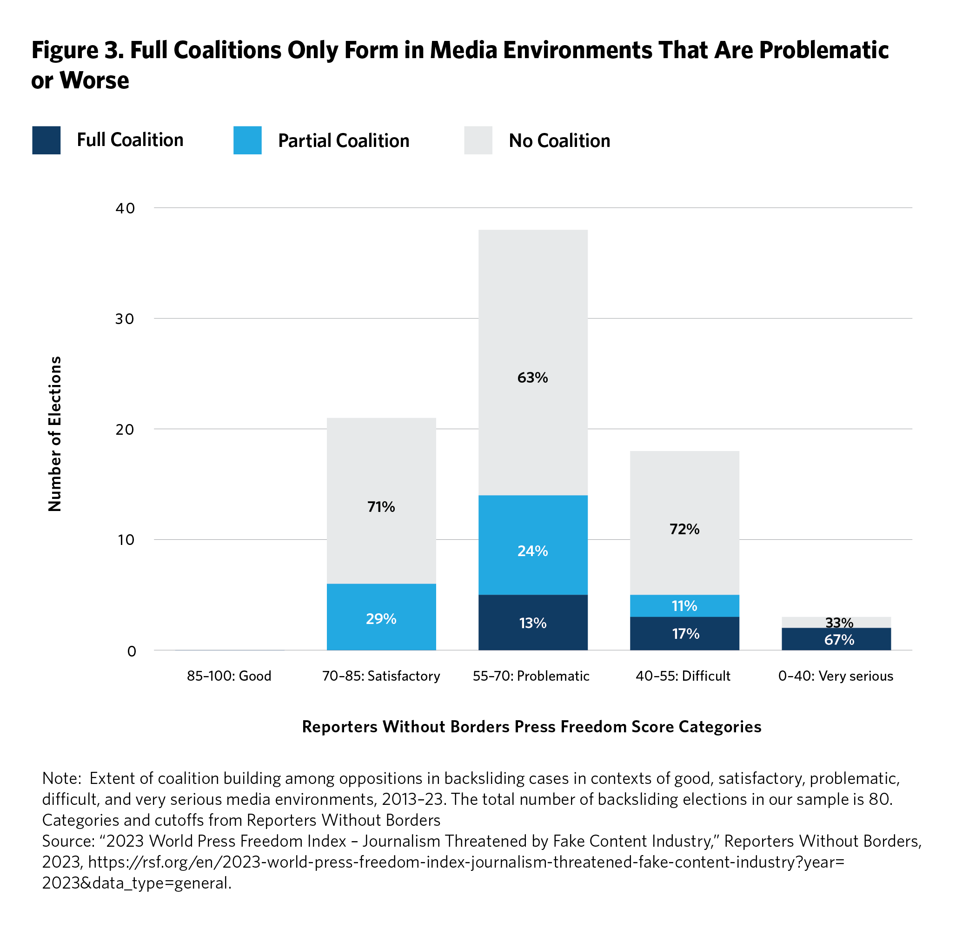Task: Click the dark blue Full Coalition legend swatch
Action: [x=46, y=140]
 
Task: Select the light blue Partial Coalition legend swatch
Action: [x=247, y=140]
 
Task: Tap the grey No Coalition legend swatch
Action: [x=478, y=140]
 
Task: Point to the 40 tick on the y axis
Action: [x=125, y=208]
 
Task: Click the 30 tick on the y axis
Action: [x=125, y=319]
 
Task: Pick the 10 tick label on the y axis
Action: [x=126, y=539]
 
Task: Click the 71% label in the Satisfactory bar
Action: [x=381, y=507]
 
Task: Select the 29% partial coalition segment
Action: [x=381, y=618]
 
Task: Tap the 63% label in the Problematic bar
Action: [x=532, y=378]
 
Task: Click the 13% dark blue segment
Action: [x=532, y=623]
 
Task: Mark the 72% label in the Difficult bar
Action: [x=684, y=529]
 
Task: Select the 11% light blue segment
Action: [x=684, y=606]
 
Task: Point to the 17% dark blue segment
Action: [x=684, y=633]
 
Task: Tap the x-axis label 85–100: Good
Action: [x=229, y=676]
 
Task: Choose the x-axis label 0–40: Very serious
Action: [x=836, y=676]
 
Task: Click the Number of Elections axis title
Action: [x=55, y=434]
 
